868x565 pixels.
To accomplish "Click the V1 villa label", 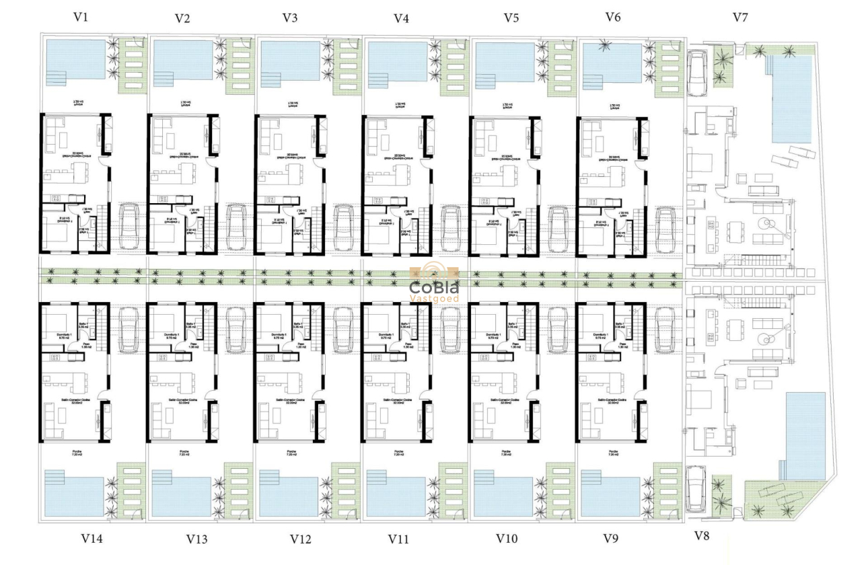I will pyautogui.click(x=81, y=17).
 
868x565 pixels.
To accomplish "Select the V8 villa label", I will pyautogui.click(x=702, y=535).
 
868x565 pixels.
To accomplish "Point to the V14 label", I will pyautogui.click(x=92, y=538).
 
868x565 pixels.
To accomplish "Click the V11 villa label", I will pyautogui.click(x=399, y=539).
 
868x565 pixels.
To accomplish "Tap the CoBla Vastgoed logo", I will pyautogui.click(x=434, y=285).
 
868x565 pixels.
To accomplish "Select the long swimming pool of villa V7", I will pyautogui.click(x=792, y=98).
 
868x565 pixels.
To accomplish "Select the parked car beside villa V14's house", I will pyautogui.click(x=130, y=330).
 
